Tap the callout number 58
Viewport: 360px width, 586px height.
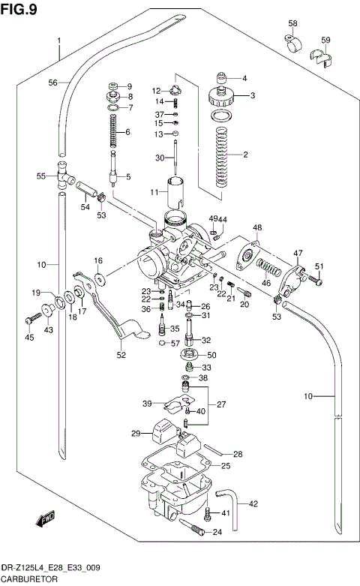coord(292,24)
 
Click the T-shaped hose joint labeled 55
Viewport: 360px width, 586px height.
coord(61,177)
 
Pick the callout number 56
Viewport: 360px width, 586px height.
coord(53,83)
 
